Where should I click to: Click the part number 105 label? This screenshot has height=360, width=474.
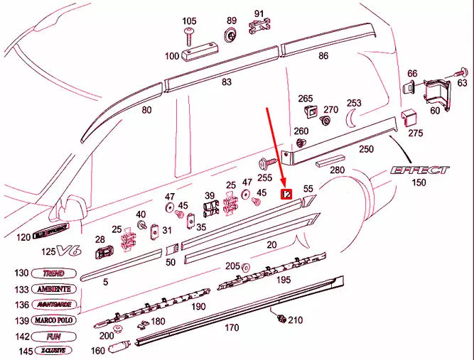coord(189,21)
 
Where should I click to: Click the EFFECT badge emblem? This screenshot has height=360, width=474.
coord(419,170)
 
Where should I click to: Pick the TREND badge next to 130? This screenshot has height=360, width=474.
coord(54,273)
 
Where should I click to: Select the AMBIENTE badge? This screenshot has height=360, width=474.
coord(54,289)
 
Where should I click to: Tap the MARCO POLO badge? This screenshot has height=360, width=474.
coord(54,320)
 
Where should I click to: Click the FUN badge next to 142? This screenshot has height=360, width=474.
coord(54,336)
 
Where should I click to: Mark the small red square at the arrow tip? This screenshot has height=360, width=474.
coord(287,194)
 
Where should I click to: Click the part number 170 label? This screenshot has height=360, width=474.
coord(232,328)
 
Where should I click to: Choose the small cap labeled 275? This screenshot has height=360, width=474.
coord(409,117)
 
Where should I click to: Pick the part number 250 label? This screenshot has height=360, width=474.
coord(366,149)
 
